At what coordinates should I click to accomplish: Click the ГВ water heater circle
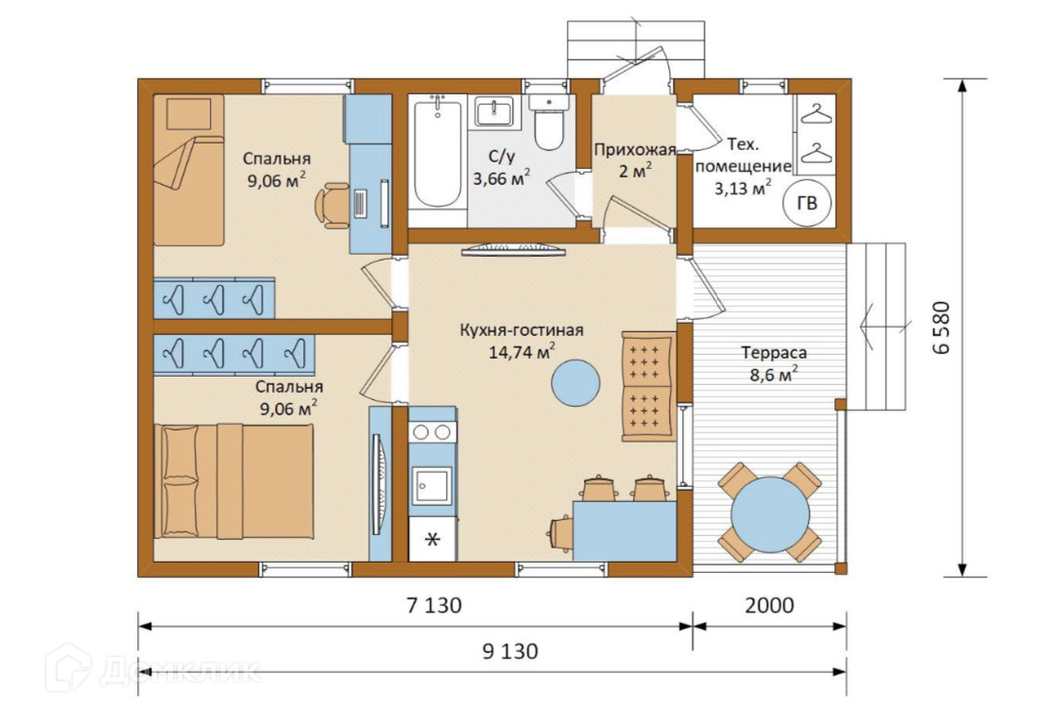pos(808,202)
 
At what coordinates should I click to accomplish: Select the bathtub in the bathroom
pos(437,153)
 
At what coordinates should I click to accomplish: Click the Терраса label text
pos(774,352)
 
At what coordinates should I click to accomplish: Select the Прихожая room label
pos(635,149)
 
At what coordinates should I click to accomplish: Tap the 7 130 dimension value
pos(434,605)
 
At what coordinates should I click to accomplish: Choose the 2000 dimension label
pos(769,605)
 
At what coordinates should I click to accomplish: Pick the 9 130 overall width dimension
pos(510,651)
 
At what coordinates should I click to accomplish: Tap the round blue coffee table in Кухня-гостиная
pos(575,382)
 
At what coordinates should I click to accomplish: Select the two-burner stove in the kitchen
pos(432,431)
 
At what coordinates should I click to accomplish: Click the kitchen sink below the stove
pos(432,485)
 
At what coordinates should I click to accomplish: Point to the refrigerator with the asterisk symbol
pos(433,539)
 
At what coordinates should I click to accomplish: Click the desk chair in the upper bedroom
pos(333,204)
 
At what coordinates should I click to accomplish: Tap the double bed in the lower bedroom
pos(234,481)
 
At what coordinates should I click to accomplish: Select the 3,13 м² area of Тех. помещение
pos(743,188)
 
